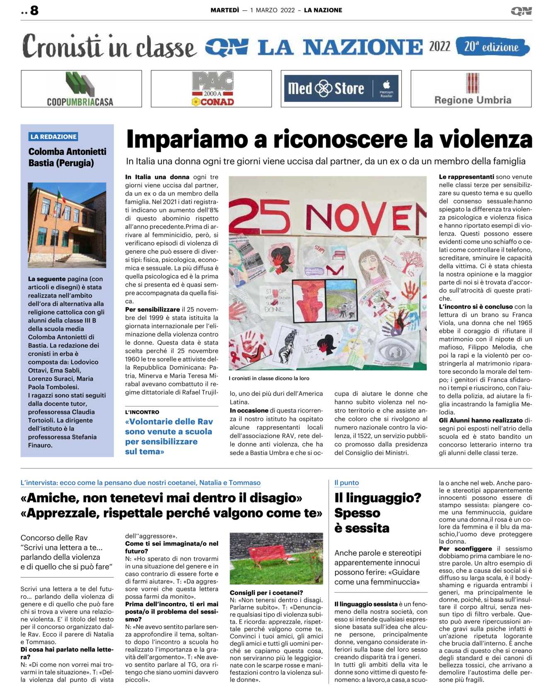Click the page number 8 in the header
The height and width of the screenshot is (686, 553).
[x=34, y=10]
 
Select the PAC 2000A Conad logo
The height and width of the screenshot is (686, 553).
[x=212, y=89]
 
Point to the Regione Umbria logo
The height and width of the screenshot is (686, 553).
[x=472, y=89]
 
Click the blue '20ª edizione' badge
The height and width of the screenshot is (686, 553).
[x=492, y=46]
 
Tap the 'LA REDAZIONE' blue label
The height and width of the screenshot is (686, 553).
[x=53, y=137]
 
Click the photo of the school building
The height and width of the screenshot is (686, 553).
[x=67, y=225]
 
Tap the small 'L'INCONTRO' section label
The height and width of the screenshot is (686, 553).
[x=142, y=412]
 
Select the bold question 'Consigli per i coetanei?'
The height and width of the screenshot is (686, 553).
[x=266, y=592]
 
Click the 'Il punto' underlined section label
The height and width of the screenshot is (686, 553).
[x=347, y=483]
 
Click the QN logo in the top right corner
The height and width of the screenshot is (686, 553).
[x=521, y=11]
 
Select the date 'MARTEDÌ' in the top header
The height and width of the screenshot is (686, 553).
[x=225, y=10]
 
